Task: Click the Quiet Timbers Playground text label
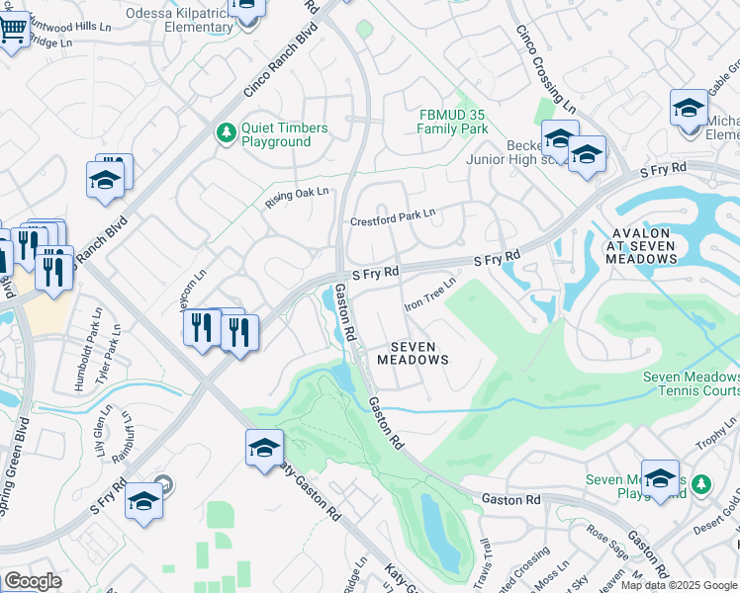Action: [276, 133]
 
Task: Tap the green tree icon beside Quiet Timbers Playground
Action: [227, 131]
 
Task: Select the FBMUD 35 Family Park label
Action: [452, 122]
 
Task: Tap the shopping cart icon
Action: [12, 30]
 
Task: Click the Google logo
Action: [33, 581]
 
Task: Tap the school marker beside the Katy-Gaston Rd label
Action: [264, 449]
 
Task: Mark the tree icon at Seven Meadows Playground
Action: [701, 484]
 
